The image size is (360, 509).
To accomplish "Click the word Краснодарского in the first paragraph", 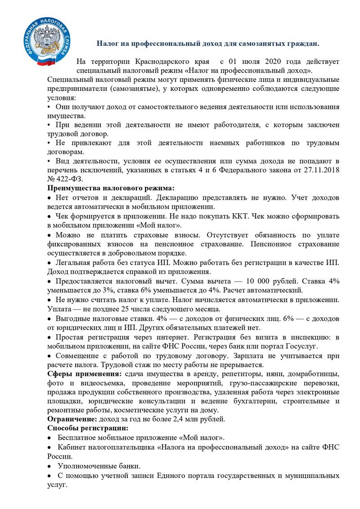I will point(168,61).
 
